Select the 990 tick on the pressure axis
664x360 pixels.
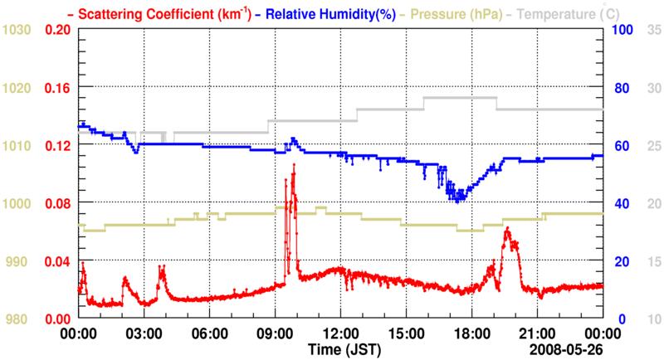coord(20,261)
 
